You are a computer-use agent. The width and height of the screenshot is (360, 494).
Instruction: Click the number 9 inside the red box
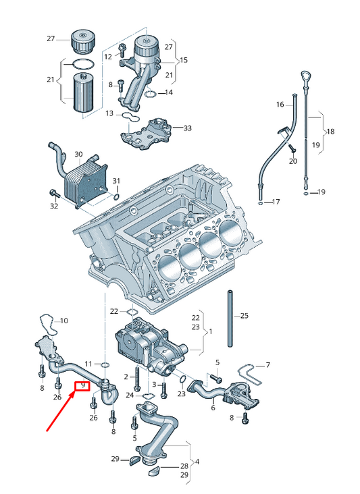(x=83, y=385)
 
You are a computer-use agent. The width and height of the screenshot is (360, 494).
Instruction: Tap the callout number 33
(x=188, y=128)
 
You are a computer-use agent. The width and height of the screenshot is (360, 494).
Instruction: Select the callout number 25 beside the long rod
(x=245, y=315)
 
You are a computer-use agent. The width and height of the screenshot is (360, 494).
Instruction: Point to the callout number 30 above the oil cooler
(x=78, y=155)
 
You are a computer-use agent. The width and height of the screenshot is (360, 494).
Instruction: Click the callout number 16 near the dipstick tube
(x=280, y=105)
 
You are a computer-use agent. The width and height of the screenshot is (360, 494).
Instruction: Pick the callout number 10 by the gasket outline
(x=64, y=321)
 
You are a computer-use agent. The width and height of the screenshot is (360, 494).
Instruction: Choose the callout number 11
(x=88, y=364)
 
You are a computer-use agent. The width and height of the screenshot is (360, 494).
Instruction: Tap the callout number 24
(x=130, y=395)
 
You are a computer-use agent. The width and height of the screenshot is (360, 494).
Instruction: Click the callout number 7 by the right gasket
(x=268, y=365)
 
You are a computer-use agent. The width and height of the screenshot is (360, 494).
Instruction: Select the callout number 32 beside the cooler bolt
(x=54, y=206)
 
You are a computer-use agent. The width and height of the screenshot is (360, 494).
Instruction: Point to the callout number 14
(x=169, y=92)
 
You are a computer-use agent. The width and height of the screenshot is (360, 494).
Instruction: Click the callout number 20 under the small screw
(x=293, y=161)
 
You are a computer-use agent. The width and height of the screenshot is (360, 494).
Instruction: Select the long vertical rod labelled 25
(x=230, y=319)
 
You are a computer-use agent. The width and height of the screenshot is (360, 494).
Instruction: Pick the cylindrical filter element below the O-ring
(x=83, y=92)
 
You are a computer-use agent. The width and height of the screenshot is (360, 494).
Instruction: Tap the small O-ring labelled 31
(x=116, y=198)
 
